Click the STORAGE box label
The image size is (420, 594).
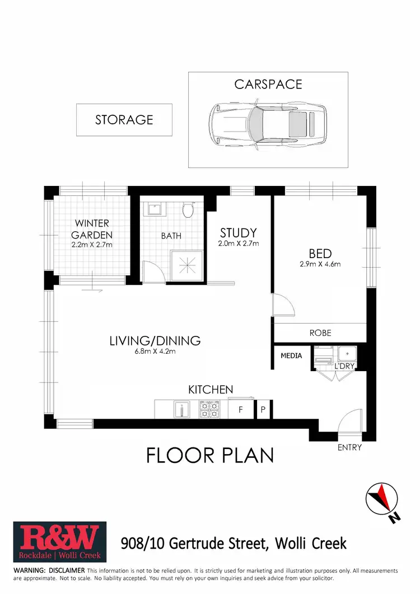pyautogui.click(x=124, y=120)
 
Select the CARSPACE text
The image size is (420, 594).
pyautogui.click(x=268, y=85)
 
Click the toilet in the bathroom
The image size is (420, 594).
pyautogui.click(x=188, y=211)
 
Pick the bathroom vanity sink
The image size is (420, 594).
pyautogui.click(x=152, y=210)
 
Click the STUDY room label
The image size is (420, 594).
pyautogui.click(x=238, y=232)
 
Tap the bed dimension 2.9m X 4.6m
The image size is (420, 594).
pyautogui.click(x=320, y=264)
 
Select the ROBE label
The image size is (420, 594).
pyautogui.click(x=320, y=333)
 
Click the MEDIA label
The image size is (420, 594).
pyautogui.click(x=291, y=356)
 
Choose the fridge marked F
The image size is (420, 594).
pyautogui.click(x=241, y=410)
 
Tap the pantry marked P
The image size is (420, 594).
pyautogui.click(x=263, y=410)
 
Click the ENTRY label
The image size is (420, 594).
pyautogui.click(x=349, y=447)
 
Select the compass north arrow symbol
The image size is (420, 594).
pyautogui.click(x=382, y=497)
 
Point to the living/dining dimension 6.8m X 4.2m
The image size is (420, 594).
pyautogui.click(x=155, y=352)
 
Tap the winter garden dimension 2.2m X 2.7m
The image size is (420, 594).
pyautogui.click(x=92, y=245)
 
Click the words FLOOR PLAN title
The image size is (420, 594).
pyautogui.click(x=210, y=455)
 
